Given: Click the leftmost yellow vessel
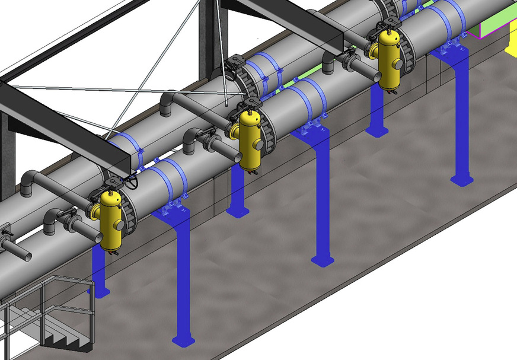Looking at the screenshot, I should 110,219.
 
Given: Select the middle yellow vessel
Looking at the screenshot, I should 250,141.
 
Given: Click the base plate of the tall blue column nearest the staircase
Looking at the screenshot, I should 183,340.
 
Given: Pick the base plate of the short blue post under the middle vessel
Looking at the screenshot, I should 237,212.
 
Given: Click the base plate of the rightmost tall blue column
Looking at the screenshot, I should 461,179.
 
